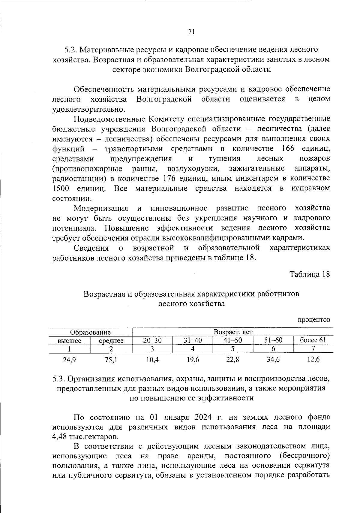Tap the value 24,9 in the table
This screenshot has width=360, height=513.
69,360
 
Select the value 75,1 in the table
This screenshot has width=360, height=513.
111,360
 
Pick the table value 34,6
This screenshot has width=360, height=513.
273,360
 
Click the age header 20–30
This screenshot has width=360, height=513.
152,340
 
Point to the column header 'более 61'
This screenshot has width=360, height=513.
313,340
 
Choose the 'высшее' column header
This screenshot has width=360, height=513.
69,341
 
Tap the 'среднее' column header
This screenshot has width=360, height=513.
111,341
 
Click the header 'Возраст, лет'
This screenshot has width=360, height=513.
233,332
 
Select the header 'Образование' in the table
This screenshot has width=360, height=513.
90,332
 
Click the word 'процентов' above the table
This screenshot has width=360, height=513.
314,320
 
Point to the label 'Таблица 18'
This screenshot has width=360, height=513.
310,274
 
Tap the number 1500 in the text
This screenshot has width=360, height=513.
61,189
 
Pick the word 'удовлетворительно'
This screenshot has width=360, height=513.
88,109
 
